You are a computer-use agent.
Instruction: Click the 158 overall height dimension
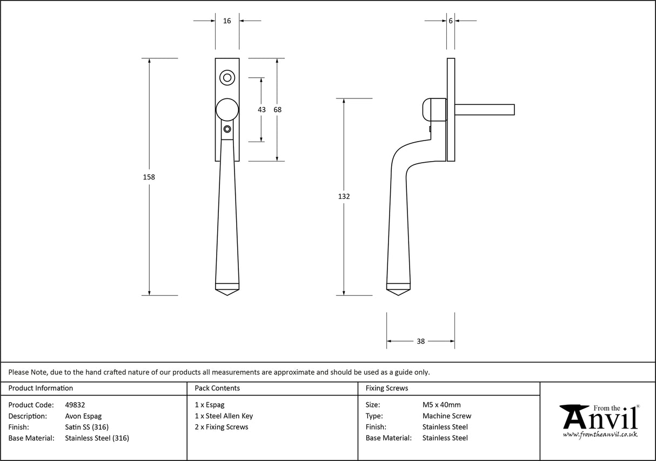(149, 177)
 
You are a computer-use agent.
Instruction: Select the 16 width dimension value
(227, 21)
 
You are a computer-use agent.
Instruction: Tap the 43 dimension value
(262, 110)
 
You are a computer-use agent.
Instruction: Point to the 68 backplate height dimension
(277, 110)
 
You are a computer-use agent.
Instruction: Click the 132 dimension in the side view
(344, 197)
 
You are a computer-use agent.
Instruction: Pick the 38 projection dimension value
(420, 341)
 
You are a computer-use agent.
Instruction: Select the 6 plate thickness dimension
(450, 21)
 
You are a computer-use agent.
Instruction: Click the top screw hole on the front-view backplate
(227, 78)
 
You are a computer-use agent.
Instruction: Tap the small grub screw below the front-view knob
(227, 129)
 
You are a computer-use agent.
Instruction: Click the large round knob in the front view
(227, 110)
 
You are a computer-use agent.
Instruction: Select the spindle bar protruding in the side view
(484, 110)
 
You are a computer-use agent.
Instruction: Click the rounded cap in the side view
(432, 110)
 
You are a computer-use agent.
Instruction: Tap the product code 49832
(75, 405)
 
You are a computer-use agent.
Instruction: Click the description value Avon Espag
(83, 416)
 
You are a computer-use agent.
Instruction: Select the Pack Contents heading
(217, 388)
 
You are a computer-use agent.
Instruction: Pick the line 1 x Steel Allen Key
(224, 416)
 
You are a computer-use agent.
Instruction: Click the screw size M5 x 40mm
(441, 405)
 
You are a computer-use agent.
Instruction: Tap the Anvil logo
(599, 417)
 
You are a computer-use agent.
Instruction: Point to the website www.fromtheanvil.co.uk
(600, 435)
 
